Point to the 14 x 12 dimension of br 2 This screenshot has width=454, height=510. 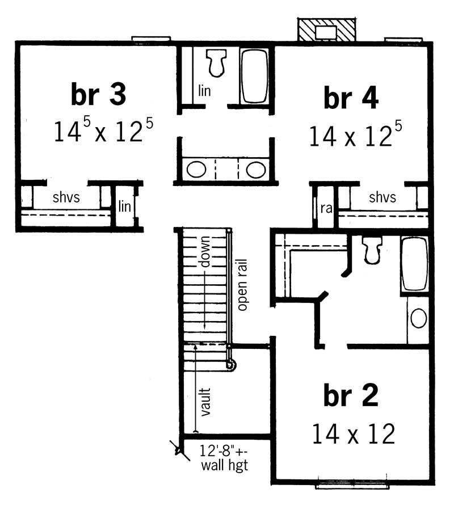click(x=353, y=435)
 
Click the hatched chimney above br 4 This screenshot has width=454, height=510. click(x=326, y=31)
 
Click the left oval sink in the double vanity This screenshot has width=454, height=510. click(x=196, y=170)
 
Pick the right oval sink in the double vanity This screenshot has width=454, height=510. click(x=255, y=170)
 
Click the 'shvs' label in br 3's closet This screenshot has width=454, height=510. click(x=66, y=198)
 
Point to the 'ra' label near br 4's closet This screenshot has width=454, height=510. click(x=326, y=208)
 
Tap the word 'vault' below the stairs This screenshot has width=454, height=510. click(x=205, y=402)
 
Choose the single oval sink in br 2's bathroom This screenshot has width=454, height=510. click(x=419, y=318)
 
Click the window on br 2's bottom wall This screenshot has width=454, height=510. click(x=352, y=484)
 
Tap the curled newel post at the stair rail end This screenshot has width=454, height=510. click(x=230, y=365)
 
